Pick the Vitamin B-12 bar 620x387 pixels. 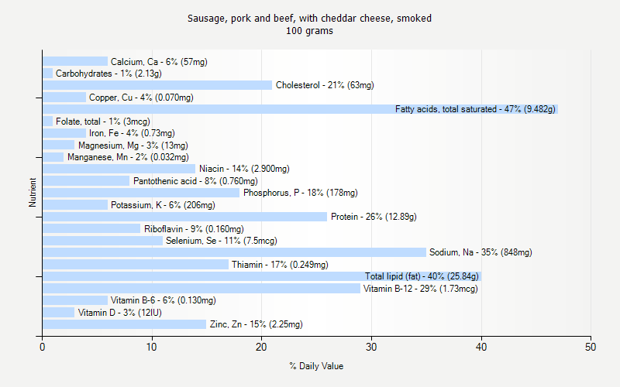tap(201, 289)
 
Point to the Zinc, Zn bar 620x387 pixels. tap(124, 324)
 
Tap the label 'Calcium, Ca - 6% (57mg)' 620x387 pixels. tap(159, 62)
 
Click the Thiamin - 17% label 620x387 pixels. tap(280, 265)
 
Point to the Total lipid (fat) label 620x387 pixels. tap(422, 276)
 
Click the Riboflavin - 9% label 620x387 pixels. tap(194, 229)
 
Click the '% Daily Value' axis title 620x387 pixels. tap(316, 366)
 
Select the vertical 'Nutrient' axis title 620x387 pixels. tap(33, 193)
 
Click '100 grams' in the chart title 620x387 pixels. tap(309, 31)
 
